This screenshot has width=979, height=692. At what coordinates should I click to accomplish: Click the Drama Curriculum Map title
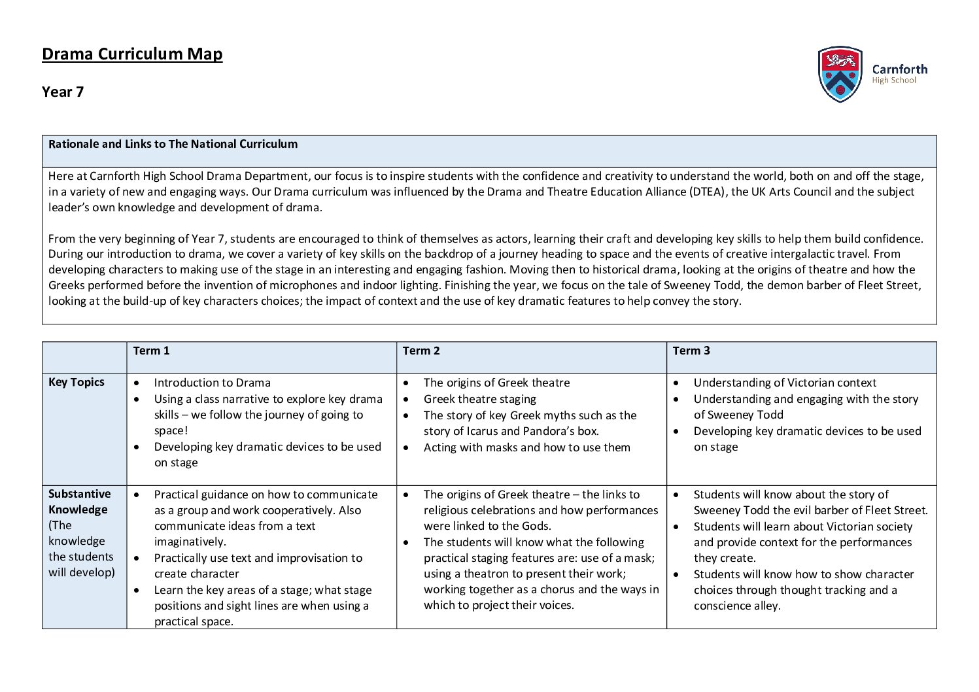(132, 54)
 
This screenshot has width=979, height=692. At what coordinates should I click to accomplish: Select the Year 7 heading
(63, 92)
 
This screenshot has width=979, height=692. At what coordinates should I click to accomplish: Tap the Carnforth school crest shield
(840, 74)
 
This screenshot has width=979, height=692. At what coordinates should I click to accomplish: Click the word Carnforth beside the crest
(899, 69)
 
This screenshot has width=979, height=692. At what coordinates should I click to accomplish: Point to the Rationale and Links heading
(173, 144)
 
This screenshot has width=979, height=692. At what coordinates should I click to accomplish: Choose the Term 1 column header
(151, 351)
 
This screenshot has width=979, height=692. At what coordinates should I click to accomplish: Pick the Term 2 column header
(421, 351)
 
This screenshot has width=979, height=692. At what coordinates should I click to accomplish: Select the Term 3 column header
(691, 351)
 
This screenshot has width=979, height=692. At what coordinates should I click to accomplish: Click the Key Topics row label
(77, 382)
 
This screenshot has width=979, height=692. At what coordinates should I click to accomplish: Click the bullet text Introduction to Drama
(212, 383)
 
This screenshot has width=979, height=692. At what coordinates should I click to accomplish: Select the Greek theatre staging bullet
(479, 399)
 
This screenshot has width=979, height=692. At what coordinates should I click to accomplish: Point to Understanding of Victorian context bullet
(785, 383)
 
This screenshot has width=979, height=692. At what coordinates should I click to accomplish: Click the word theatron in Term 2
(490, 574)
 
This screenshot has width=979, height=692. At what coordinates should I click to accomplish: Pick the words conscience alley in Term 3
(736, 606)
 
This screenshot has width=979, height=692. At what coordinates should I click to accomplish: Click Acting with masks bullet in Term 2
(526, 447)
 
